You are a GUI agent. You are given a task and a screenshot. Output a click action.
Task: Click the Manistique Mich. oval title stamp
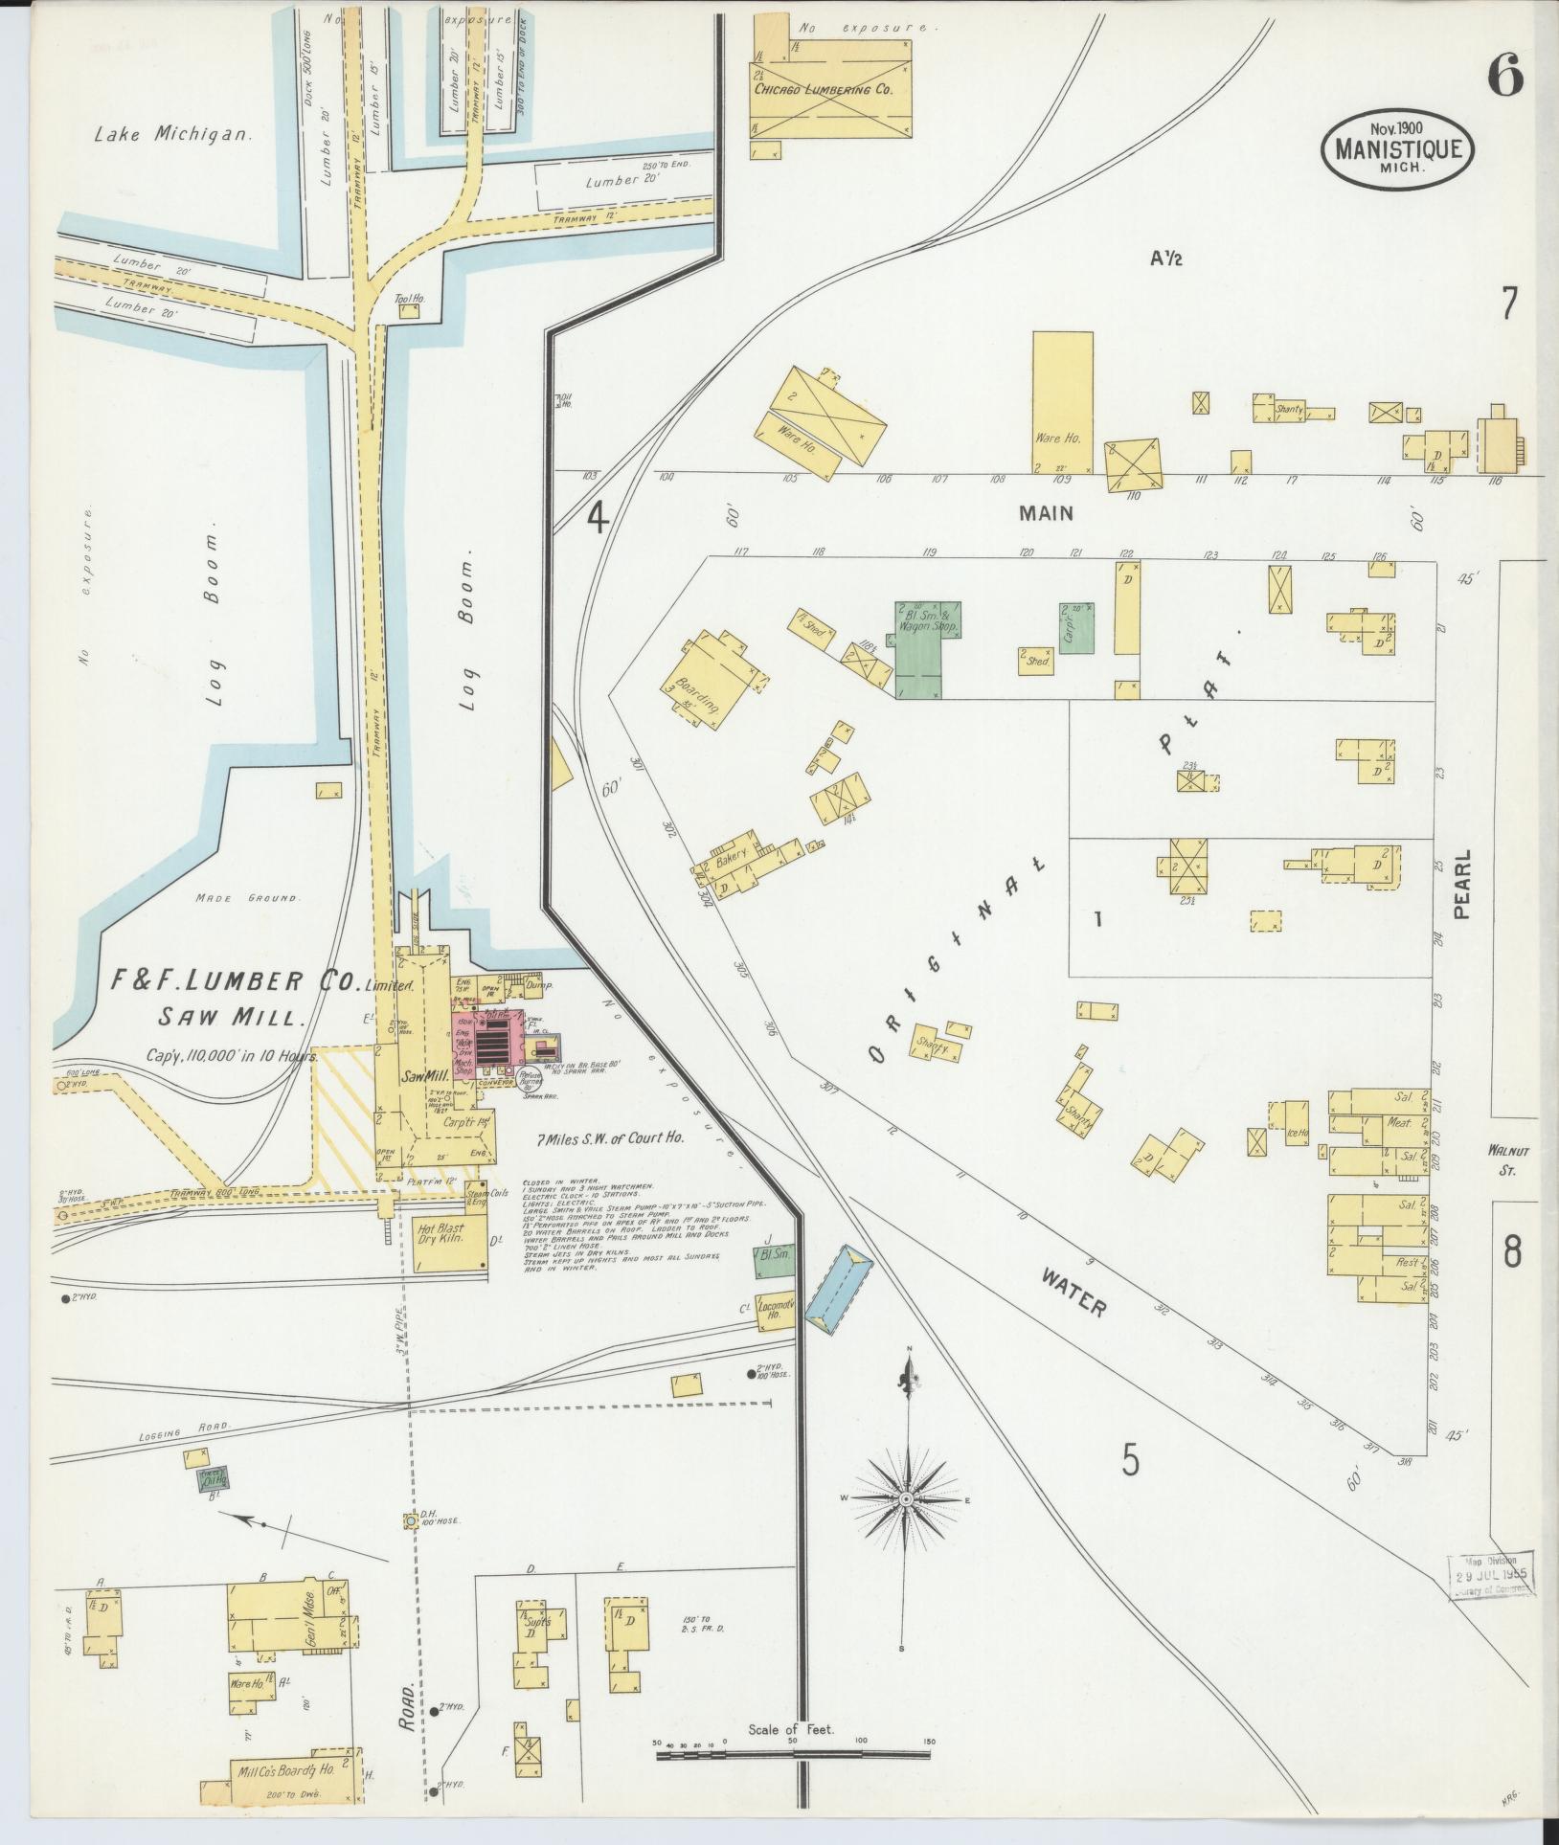coord(1397,148)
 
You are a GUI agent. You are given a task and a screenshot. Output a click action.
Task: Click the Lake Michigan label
coord(172,135)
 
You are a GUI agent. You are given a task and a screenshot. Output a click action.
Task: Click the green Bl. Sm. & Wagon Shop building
coord(919,651)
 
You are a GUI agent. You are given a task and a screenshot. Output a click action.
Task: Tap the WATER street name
coord(1073,1294)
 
